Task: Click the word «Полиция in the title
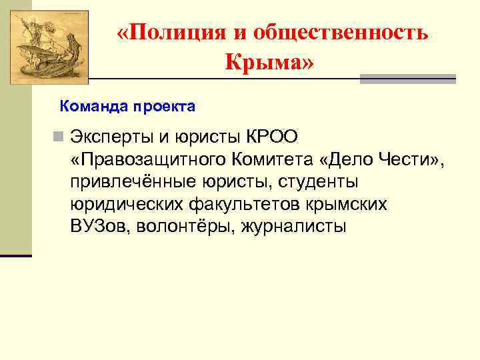(164, 33)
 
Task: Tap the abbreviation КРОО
(274, 137)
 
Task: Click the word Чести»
(410, 159)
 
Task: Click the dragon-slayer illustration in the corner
(46, 42)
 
